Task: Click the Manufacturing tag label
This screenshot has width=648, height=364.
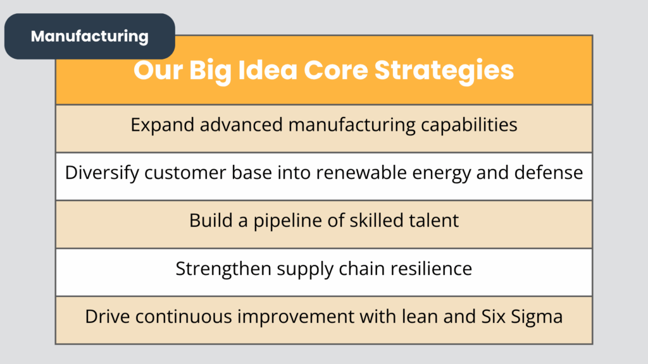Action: point(90,36)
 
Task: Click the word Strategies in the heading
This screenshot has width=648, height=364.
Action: point(444,71)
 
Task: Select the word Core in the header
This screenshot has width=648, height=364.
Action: point(335,70)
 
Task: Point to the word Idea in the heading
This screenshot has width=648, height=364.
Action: point(268,70)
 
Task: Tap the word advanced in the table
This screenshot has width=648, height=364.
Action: point(241,124)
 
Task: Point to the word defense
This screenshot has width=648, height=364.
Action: point(549,173)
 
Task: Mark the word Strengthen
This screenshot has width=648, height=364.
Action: point(223,269)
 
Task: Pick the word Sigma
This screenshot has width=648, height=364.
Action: point(537,317)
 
